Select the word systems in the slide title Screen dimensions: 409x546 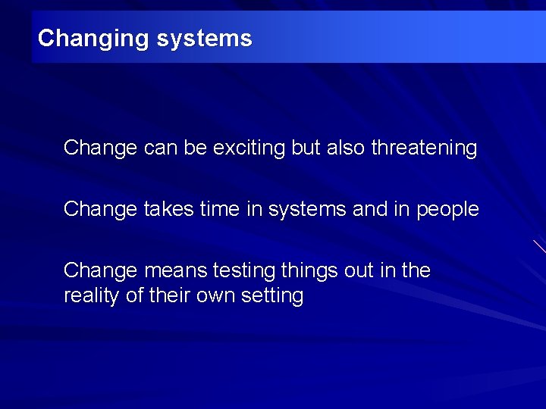(x=204, y=39)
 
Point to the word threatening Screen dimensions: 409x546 (x=424, y=148)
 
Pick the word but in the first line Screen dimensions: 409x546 (x=306, y=148)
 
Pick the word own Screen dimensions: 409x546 (x=217, y=296)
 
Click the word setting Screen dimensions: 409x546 (x=272, y=296)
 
